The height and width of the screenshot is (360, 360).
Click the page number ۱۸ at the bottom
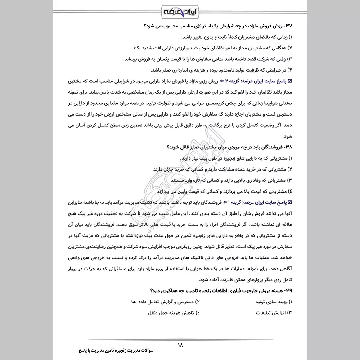click(181, 345)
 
